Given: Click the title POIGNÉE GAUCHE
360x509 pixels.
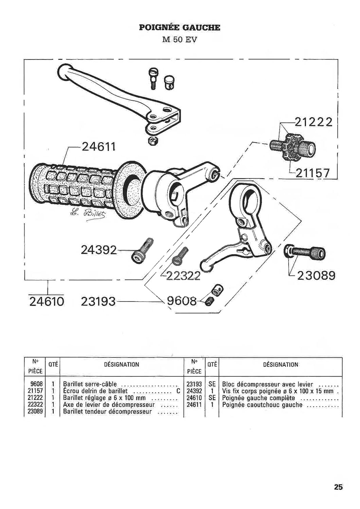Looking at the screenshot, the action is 179,28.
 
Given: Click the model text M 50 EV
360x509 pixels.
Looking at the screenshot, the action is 180,40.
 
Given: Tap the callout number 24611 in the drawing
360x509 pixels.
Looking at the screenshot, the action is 98,147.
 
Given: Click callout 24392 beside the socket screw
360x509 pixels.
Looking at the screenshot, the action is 99,250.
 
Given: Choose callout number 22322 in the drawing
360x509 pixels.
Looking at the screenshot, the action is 183,276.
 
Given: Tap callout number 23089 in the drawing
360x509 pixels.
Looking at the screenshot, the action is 316,276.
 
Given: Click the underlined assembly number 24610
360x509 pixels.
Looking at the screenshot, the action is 47,302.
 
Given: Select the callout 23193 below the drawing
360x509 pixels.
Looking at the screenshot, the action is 98,302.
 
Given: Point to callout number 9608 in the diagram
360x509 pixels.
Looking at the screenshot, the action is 181,301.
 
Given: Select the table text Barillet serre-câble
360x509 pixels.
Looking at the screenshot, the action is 90,384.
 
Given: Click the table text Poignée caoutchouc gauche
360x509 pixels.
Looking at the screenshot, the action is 262,405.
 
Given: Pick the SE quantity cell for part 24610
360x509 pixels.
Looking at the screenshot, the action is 212,398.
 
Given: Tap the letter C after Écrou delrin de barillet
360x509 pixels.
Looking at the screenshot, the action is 178,391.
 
